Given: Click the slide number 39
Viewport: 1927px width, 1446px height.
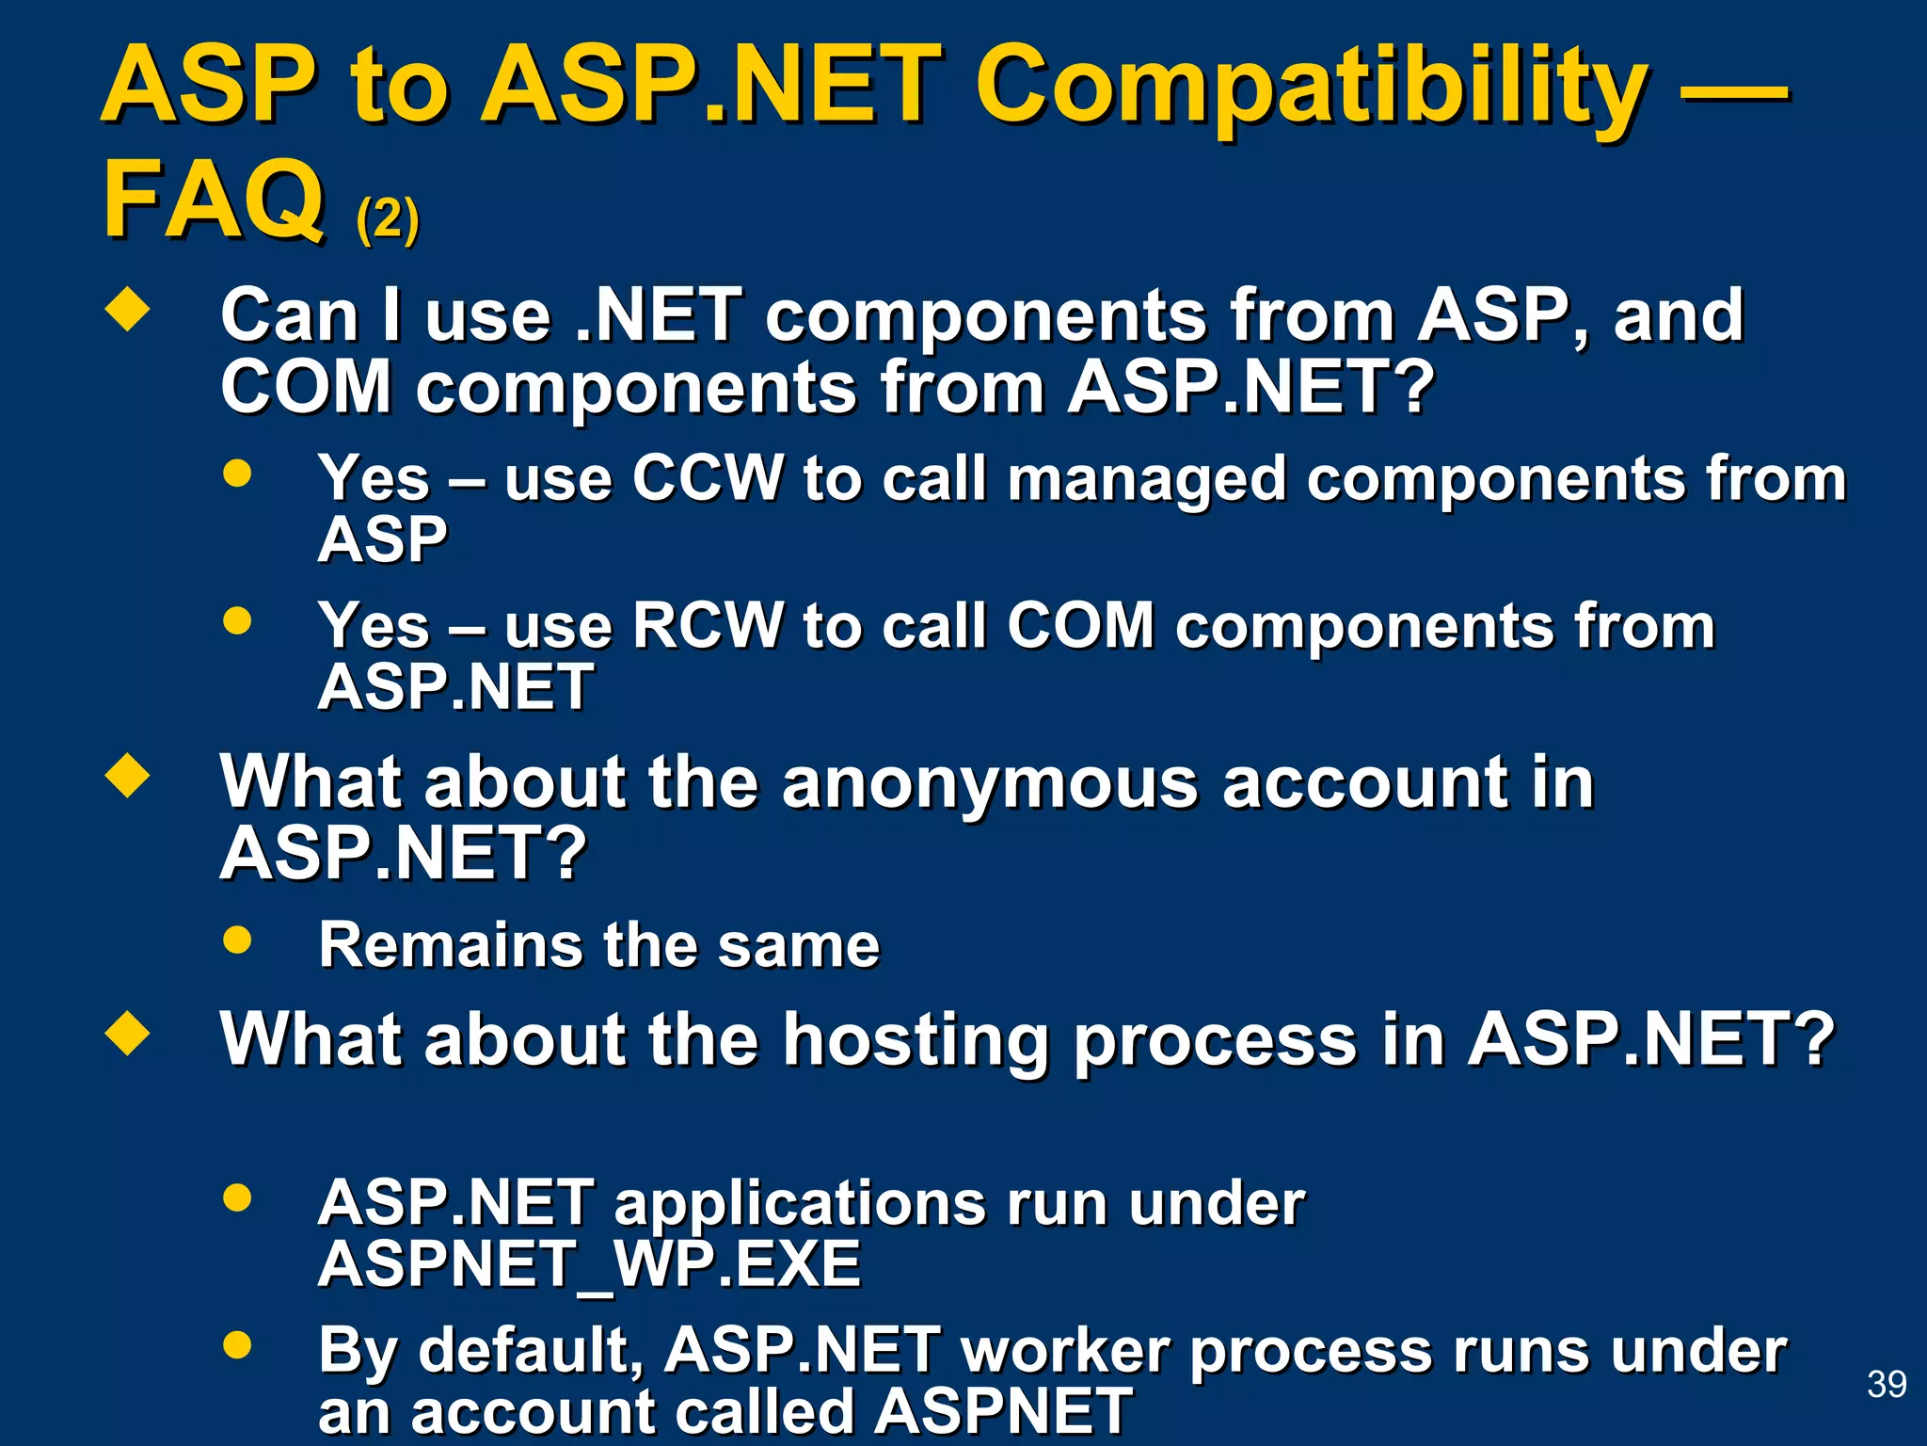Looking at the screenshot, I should point(1886,1384).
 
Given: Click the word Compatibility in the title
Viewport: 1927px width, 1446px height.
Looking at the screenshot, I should point(1312,87).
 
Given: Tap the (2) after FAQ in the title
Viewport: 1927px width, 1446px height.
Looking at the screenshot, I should point(387,219).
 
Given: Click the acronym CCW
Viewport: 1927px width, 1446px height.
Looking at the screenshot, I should point(708,478).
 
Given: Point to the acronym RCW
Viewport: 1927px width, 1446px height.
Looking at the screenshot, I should point(708,625).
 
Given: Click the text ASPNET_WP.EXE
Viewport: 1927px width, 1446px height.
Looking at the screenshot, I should point(589,1263).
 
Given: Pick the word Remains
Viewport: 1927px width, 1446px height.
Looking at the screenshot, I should point(451,944).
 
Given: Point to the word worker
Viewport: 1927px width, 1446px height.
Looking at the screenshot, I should point(1065,1351).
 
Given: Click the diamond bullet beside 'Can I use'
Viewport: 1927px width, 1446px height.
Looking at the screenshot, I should point(128,311).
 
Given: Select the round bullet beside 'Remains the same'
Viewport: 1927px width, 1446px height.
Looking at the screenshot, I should point(237,940).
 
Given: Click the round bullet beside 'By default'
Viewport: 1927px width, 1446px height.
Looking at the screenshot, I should point(237,1345).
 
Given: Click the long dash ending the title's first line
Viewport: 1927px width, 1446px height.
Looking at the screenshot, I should point(1733,91).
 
